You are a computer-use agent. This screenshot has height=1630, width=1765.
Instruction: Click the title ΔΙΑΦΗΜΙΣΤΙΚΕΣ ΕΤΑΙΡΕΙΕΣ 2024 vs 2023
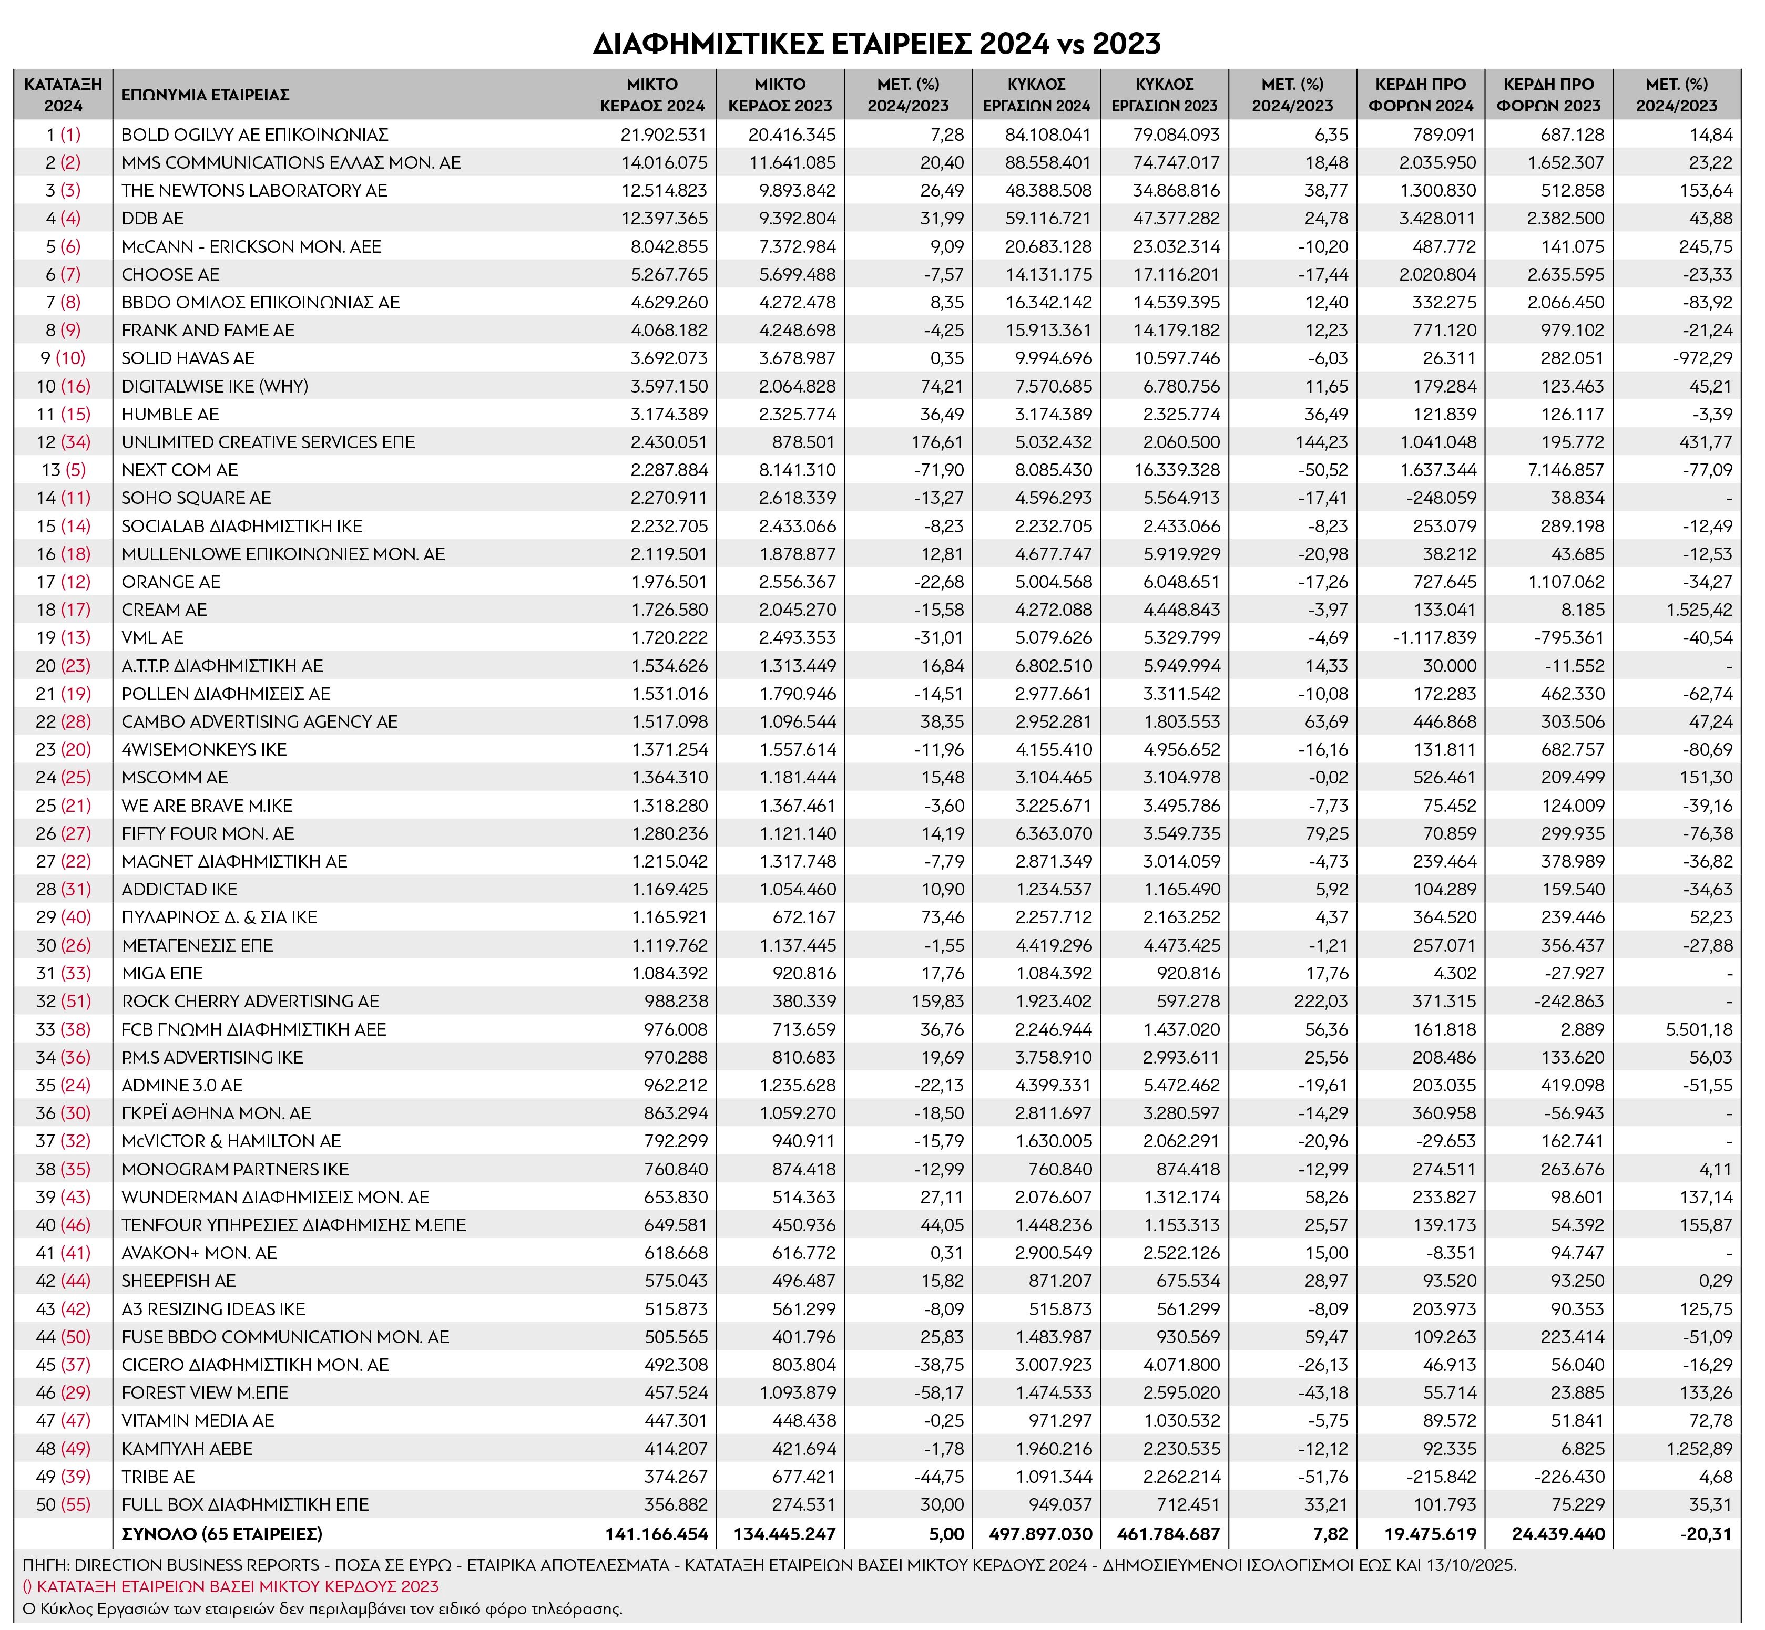[x=876, y=43]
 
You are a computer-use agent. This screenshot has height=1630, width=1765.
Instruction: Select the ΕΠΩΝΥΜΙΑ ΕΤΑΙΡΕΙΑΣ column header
[x=205, y=95]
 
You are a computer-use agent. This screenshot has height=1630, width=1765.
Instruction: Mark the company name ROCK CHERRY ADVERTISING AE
[x=251, y=1001]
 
